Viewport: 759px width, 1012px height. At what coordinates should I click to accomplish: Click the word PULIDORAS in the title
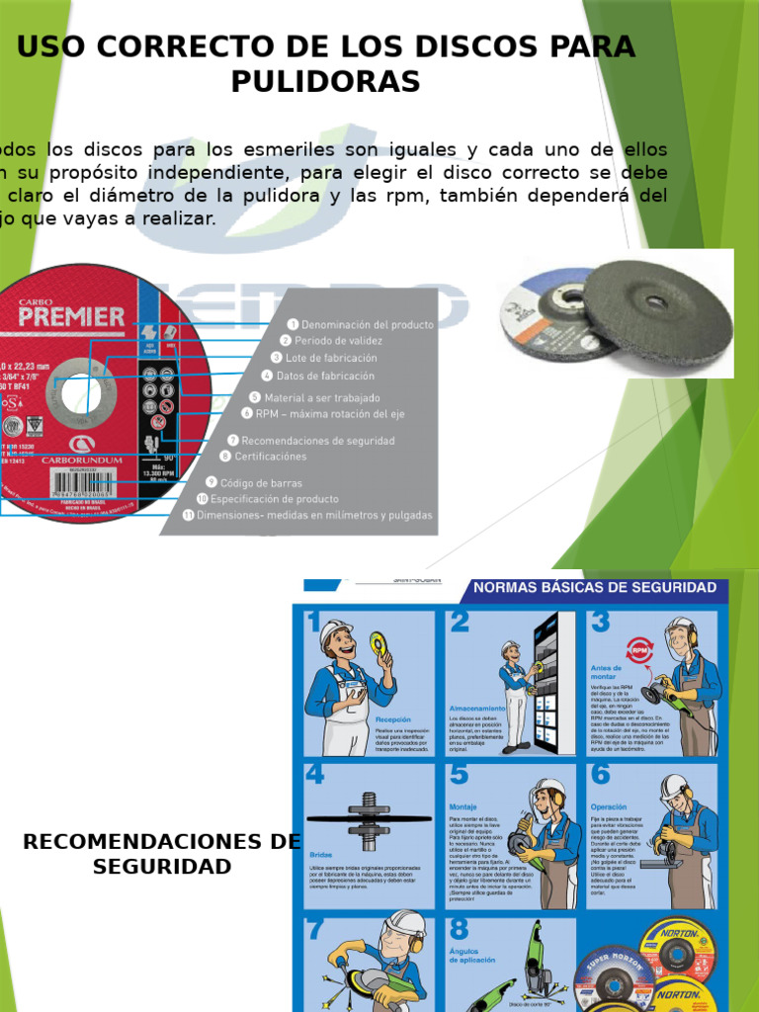pyautogui.click(x=325, y=82)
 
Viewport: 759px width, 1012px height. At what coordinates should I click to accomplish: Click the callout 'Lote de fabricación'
pyautogui.click(x=331, y=357)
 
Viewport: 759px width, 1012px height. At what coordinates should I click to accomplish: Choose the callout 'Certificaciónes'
pyautogui.click(x=270, y=457)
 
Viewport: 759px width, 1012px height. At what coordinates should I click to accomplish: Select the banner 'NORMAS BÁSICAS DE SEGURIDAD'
pyautogui.click(x=596, y=588)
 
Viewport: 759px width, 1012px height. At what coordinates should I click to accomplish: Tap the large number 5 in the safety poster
pyautogui.click(x=459, y=774)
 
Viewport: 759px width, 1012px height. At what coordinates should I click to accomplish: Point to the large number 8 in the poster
pyautogui.click(x=459, y=928)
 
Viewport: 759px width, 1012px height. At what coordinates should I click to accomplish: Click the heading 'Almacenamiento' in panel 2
pyautogui.click(x=477, y=709)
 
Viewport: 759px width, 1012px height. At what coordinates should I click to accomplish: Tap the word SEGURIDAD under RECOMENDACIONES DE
pyautogui.click(x=162, y=867)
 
